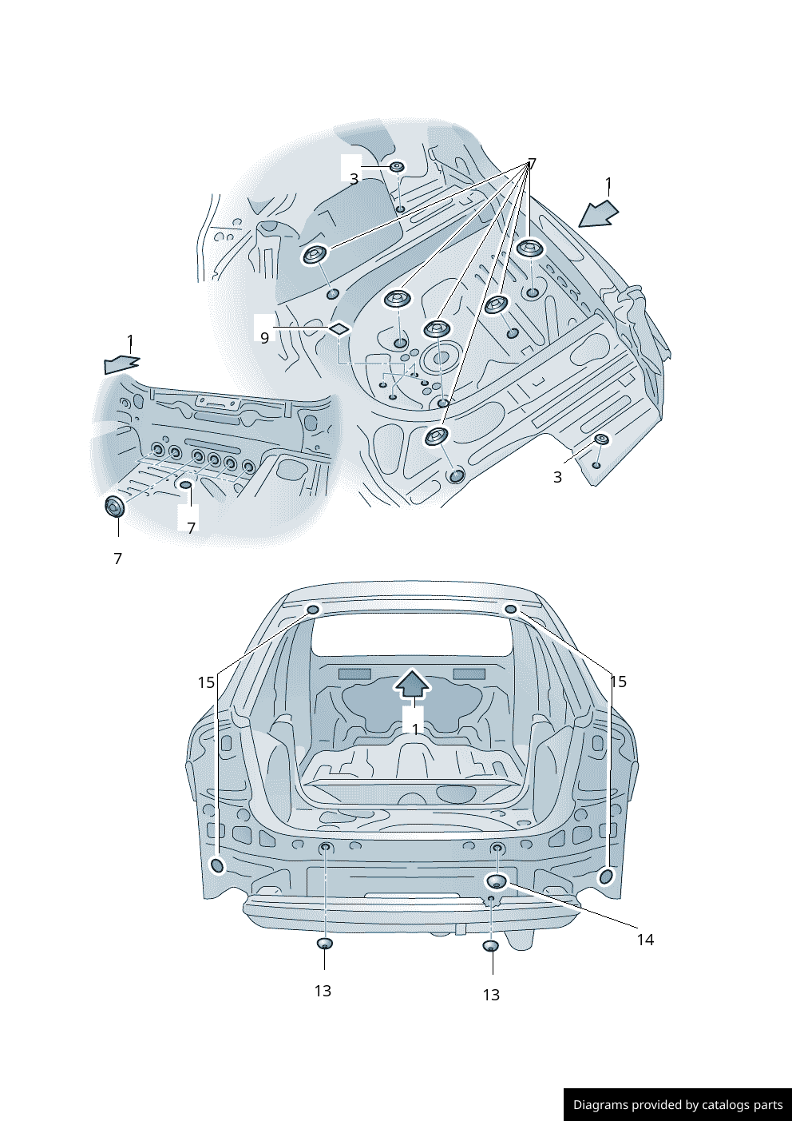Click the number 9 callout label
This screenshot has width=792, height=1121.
(265, 338)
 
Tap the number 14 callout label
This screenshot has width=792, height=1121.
(645, 940)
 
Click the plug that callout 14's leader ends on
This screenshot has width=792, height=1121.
(497, 881)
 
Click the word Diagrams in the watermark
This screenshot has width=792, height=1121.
(600, 1105)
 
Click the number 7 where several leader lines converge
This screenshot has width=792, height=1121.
(532, 164)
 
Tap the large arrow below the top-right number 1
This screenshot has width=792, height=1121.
(598, 214)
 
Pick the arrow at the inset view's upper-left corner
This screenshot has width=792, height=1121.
(122, 364)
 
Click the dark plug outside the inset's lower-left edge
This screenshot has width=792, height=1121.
(115, 507)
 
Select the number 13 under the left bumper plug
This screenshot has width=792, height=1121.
(323, 991)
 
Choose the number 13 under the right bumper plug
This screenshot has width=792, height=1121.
(491, 995)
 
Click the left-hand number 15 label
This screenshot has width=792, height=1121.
(206, 682)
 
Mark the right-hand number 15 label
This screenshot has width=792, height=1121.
(618, 682)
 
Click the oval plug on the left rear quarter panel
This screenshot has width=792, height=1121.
(217, 865)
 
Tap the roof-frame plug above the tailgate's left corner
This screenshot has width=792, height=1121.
(313, 610)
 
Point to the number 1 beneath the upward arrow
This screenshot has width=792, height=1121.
(415, 729)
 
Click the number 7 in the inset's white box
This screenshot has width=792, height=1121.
(191, 527)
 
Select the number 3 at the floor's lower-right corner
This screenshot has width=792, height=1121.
(557, 477)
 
